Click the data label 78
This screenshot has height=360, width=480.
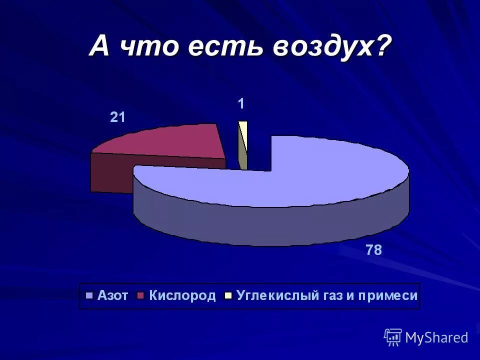tap(373, 250)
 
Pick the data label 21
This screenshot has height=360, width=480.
tap(117, 117)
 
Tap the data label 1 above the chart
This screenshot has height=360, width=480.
tap(241, 104)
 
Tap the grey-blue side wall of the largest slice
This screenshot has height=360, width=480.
tap(270, 225)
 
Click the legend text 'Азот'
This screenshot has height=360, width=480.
tap(113, 295)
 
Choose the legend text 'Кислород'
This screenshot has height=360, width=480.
tap(182, 295)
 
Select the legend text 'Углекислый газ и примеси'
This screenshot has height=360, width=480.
tap(327, 295)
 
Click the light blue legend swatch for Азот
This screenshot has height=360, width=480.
tap(90, 295)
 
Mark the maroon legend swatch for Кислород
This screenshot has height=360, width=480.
tap(140, 295)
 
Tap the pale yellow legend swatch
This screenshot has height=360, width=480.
tap(228, 295)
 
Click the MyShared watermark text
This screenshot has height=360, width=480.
tap(436, 338)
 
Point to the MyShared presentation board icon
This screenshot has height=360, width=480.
tap(393, 337)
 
